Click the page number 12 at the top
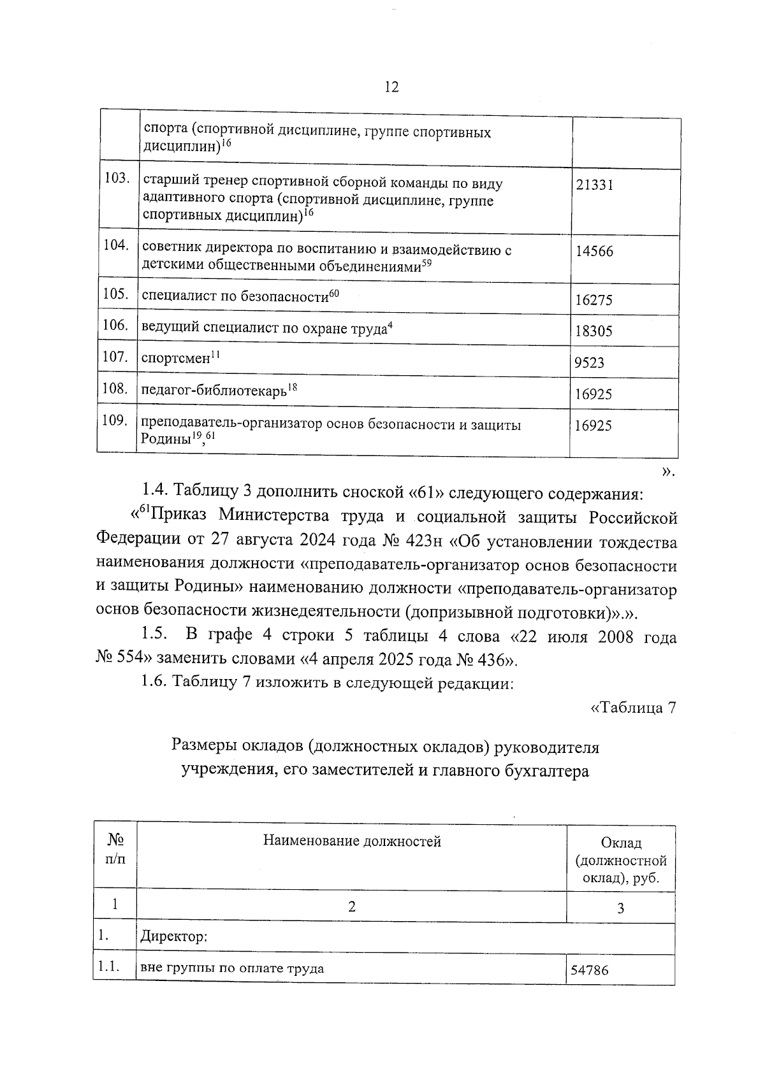[391, 87]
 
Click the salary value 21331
[594, 185]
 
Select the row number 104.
[116, 245]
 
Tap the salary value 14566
[594, 252]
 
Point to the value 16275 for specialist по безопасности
[594, 300]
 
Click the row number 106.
[116, 325]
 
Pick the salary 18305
[594, 331]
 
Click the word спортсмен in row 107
[175, 359]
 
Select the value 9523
[589, 363]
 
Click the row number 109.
[116, 420]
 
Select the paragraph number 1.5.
[155, 635]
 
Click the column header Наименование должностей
[352, 842]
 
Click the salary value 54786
[590, 970]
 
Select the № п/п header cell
[115, 850]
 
